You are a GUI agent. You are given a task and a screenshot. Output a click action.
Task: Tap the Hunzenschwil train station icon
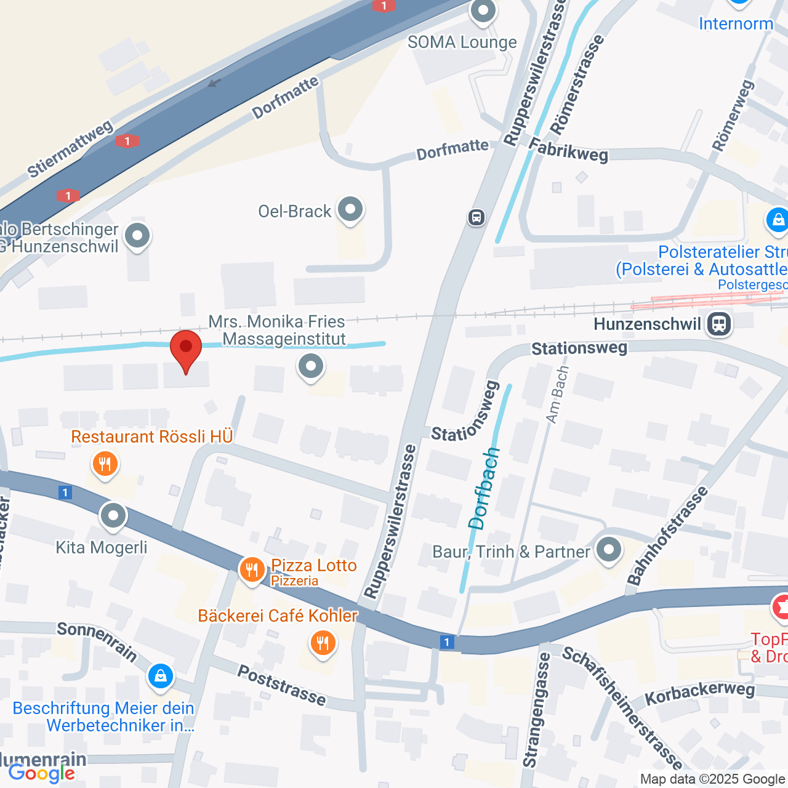719,324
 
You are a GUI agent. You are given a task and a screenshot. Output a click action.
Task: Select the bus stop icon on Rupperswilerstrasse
476,217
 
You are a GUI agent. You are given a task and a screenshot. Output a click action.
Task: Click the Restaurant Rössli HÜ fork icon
105,464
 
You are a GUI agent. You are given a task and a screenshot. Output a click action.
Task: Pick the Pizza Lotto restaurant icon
252,569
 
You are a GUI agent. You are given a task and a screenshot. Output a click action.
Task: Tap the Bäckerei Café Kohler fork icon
323,643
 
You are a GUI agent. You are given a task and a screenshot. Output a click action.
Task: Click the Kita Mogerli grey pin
113,517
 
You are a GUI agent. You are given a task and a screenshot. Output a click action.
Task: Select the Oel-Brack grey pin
350,209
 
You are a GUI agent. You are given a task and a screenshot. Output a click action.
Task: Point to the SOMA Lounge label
462,42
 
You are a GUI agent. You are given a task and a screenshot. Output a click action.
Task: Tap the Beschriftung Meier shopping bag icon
161,677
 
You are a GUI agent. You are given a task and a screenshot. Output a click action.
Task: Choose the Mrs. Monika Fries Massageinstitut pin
311,367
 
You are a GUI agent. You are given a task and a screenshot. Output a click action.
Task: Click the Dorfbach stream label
484,489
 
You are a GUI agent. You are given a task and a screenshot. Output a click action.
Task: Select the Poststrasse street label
282,685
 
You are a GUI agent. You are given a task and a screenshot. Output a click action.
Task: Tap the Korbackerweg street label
699,693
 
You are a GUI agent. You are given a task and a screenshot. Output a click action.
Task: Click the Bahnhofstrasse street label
668,536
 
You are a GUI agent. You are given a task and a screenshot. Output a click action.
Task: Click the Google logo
42,773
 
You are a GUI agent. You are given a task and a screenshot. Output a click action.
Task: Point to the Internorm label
736,24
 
